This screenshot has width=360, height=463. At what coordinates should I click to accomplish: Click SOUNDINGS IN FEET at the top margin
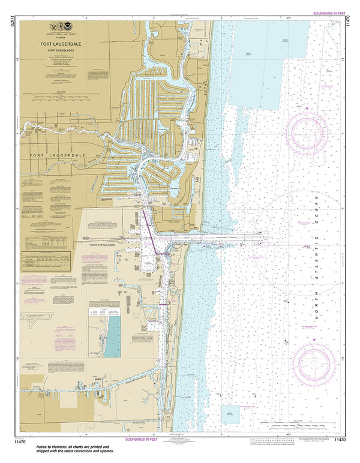(328, 13)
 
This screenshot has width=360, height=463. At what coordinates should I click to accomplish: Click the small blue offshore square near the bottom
(230, 413)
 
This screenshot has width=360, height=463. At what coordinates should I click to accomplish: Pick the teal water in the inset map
(112, 336)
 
